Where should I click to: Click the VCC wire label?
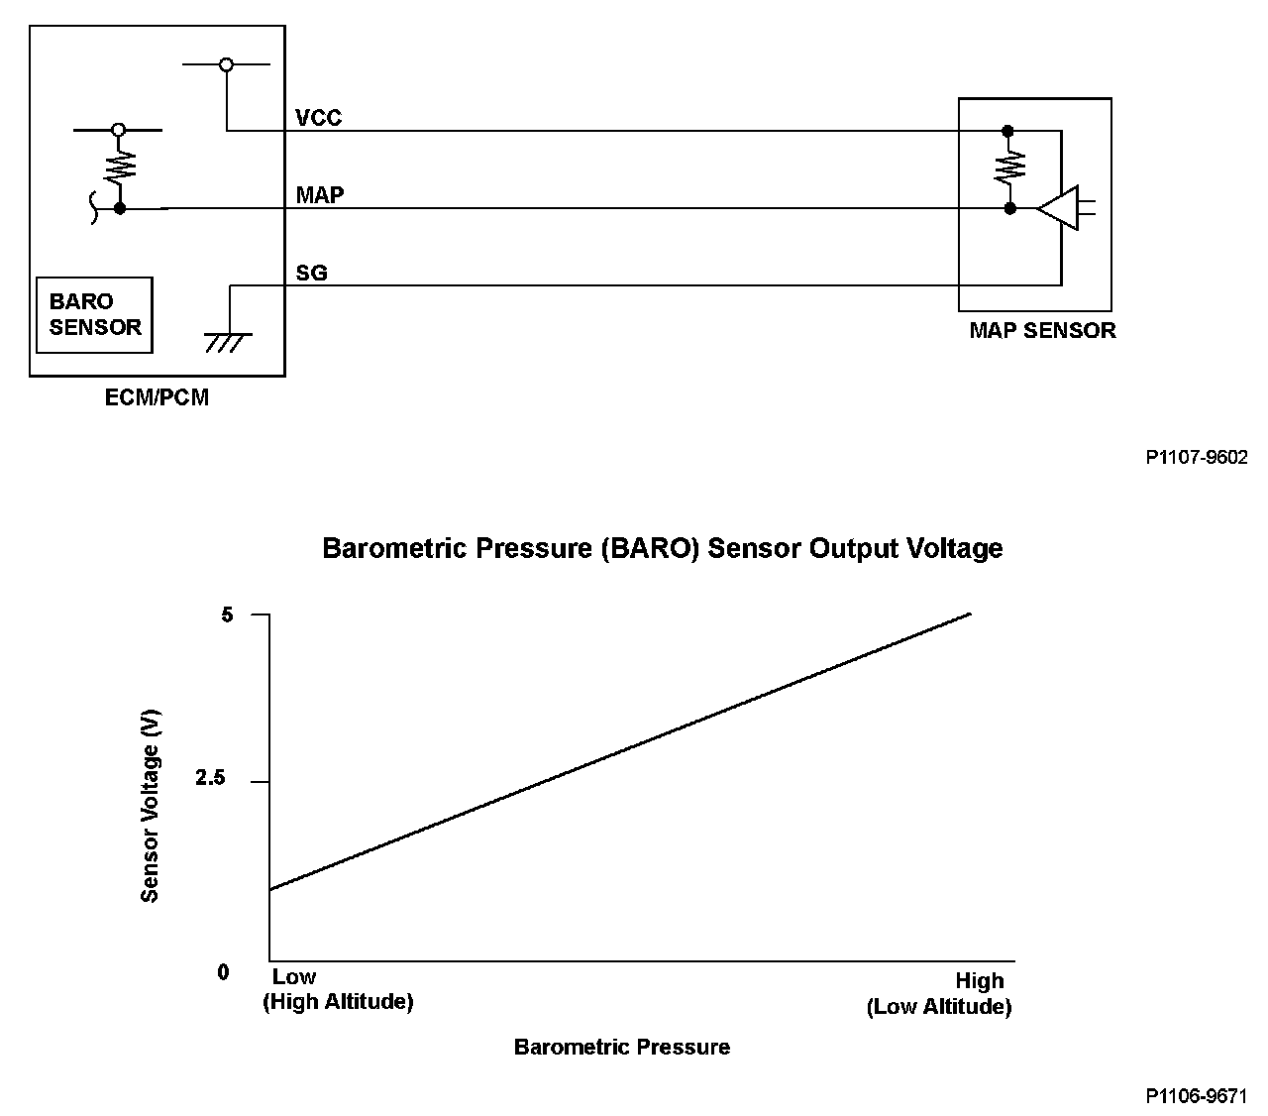[318, 118]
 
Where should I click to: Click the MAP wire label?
[320, 195]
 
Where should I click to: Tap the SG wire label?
[311, 273]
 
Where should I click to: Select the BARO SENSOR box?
[94, 314]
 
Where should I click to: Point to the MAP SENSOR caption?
[1042, 331]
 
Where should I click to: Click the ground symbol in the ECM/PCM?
[228, 341]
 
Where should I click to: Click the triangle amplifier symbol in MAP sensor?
[1058, 208]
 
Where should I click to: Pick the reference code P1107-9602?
[1197, 458]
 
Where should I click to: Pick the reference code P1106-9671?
[1197, 1096]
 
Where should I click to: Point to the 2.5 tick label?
[211, 779]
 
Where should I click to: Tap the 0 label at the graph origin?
[223, 972]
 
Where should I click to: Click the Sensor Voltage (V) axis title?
[150, 807]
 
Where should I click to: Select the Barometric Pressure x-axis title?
[621, 1048]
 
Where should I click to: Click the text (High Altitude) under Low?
[338, 1002]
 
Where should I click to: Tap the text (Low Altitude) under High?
[939, 1008]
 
